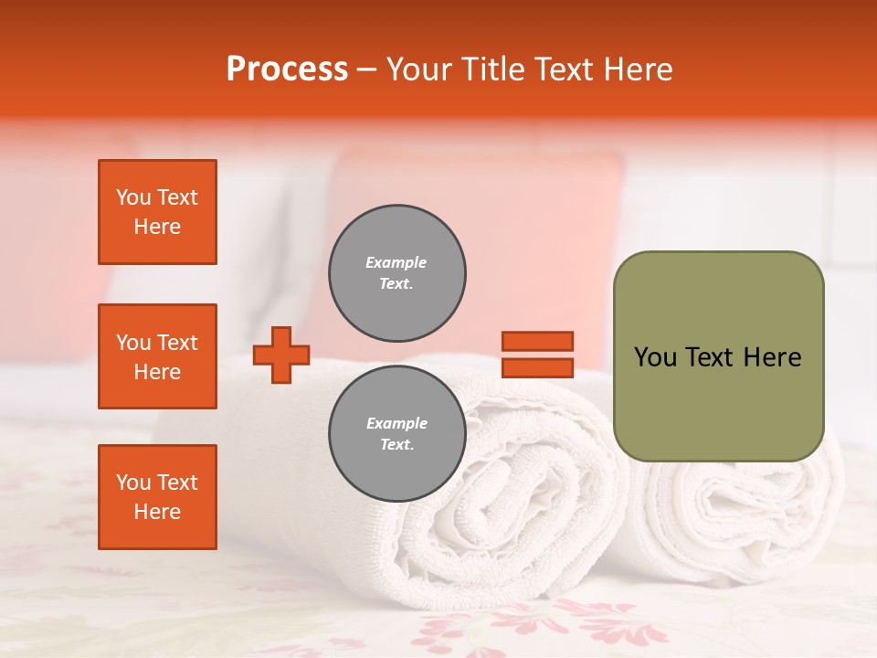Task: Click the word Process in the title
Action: tap(287, 69)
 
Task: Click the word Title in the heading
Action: tap(490, 69)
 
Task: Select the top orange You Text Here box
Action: tap(157, 212)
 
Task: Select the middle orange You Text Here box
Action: tap(157, 356)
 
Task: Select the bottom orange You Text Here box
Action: tap(157, 497)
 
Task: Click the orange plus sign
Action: tap(281, 356)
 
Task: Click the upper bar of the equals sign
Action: tap(537, 341)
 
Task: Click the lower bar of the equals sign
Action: tap(537, 368)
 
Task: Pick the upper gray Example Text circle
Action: tap(396, 273)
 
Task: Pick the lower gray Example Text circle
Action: tap(396, 434)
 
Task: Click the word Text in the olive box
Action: tap(713, 357)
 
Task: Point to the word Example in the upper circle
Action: tap(396, 262)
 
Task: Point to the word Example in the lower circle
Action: tap(396, 423)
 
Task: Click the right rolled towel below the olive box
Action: tap(749, 512)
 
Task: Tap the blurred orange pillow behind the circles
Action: tap(512, 210)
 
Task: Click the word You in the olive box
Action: tap(654, 357)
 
